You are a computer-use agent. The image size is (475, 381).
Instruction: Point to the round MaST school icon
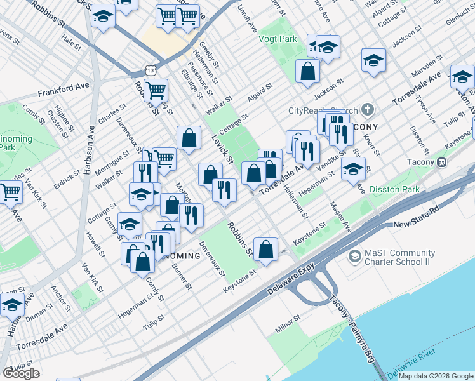click(x=354, y=257)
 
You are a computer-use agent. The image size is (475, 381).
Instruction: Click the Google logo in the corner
click(x=21, y=373)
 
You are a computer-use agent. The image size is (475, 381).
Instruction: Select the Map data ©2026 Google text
click(x=434, y=376)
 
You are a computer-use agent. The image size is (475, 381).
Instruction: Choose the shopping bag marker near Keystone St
click(x=265, y=248)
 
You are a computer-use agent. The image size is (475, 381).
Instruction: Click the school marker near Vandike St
click(x=353, y=168)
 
